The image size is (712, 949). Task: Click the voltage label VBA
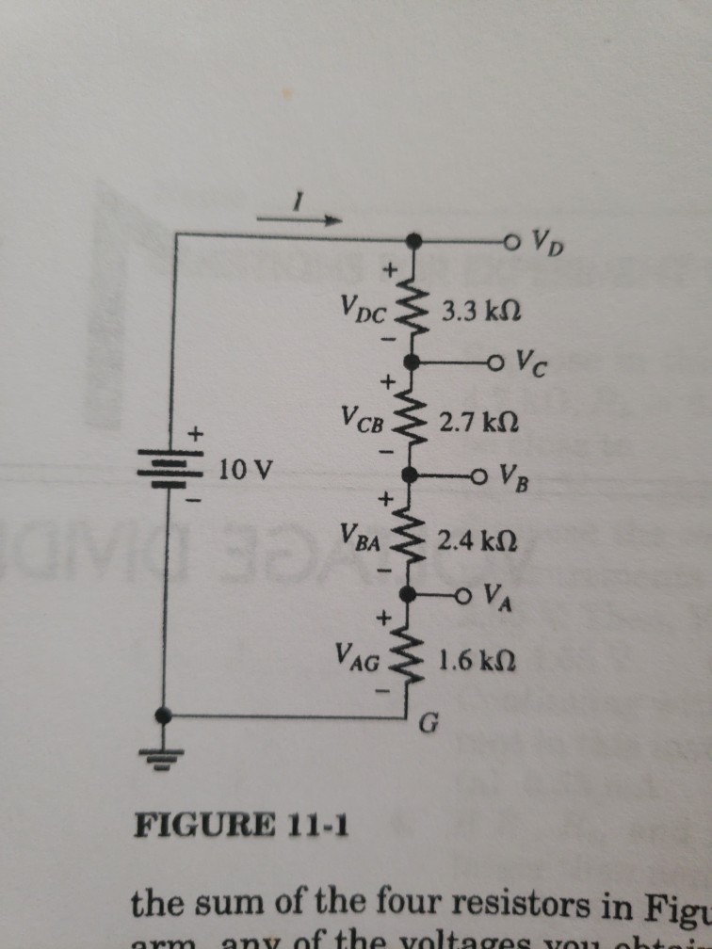pyautogui.click(x=358, y=539)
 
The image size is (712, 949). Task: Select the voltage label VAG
pyautogui.click(x=355, y=656)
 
